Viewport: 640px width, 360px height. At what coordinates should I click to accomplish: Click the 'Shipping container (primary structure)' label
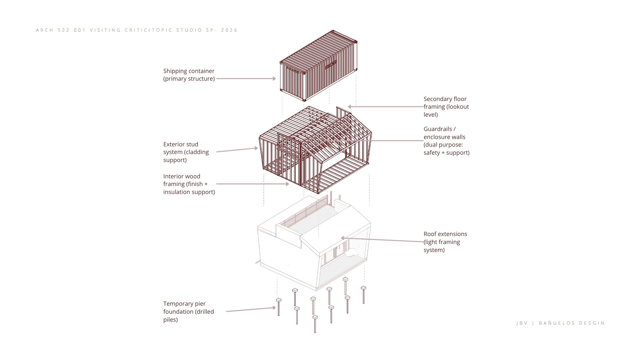click(x=189, y=75)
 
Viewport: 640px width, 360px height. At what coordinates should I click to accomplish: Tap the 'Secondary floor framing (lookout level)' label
click(x=446, y=107)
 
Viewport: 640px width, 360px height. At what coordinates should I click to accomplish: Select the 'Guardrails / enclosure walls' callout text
click(x=446, y=141)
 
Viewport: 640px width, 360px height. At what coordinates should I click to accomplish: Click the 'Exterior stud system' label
click(x=186, y=152)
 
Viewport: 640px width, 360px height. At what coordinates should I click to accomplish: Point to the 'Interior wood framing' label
click(x=189, y=184)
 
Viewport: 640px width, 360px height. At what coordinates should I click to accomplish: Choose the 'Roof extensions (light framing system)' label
click(x=445, y=242)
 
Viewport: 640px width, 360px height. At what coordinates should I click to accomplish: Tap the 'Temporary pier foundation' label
click(x=189, y=312)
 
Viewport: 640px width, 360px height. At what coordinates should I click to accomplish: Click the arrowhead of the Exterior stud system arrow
click(x=256, y=148)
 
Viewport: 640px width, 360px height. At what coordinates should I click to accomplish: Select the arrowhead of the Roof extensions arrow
click(x=343, y=238)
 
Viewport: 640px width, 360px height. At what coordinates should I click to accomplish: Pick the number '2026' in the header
click(x=229, y=30)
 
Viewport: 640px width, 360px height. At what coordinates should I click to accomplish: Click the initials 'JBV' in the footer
click(x=522, y=323)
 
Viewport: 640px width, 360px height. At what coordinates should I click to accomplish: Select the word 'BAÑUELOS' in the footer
click(x=557, y=323)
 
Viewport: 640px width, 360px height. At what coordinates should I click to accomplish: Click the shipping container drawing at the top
click(x=318, y=66)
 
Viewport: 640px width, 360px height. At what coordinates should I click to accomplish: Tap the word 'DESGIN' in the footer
click(x=592, y=323)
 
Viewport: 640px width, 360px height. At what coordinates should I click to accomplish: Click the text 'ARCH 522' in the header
click(x=52, y=30)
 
